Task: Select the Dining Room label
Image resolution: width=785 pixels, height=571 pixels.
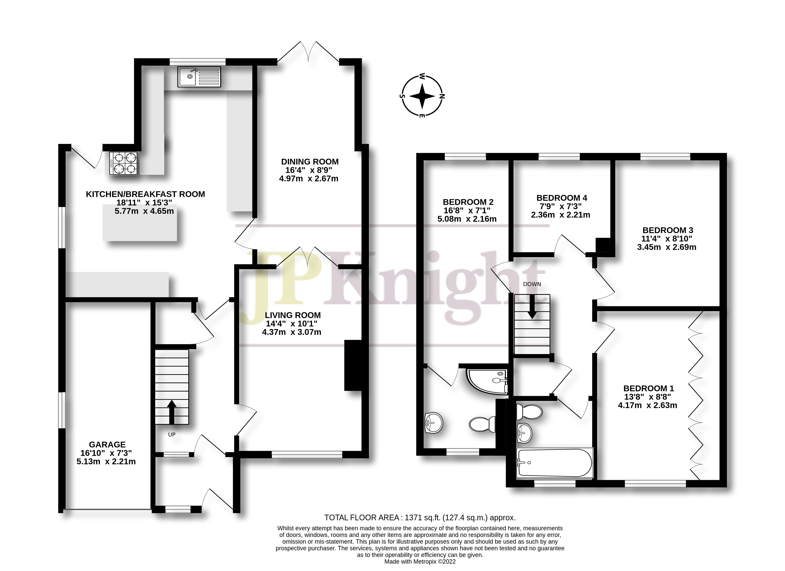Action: click(309, 162)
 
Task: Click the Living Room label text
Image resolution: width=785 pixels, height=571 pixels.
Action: click(293, 315)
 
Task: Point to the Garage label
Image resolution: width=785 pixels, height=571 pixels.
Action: click(107, 444)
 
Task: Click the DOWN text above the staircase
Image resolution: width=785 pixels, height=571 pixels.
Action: click(532, 284)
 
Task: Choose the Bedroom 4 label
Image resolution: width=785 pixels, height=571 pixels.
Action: click(562, 198)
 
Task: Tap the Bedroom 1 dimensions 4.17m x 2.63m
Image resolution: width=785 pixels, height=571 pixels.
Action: click(648, 405)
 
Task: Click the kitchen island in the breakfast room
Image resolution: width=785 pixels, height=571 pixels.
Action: click(140, 222)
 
